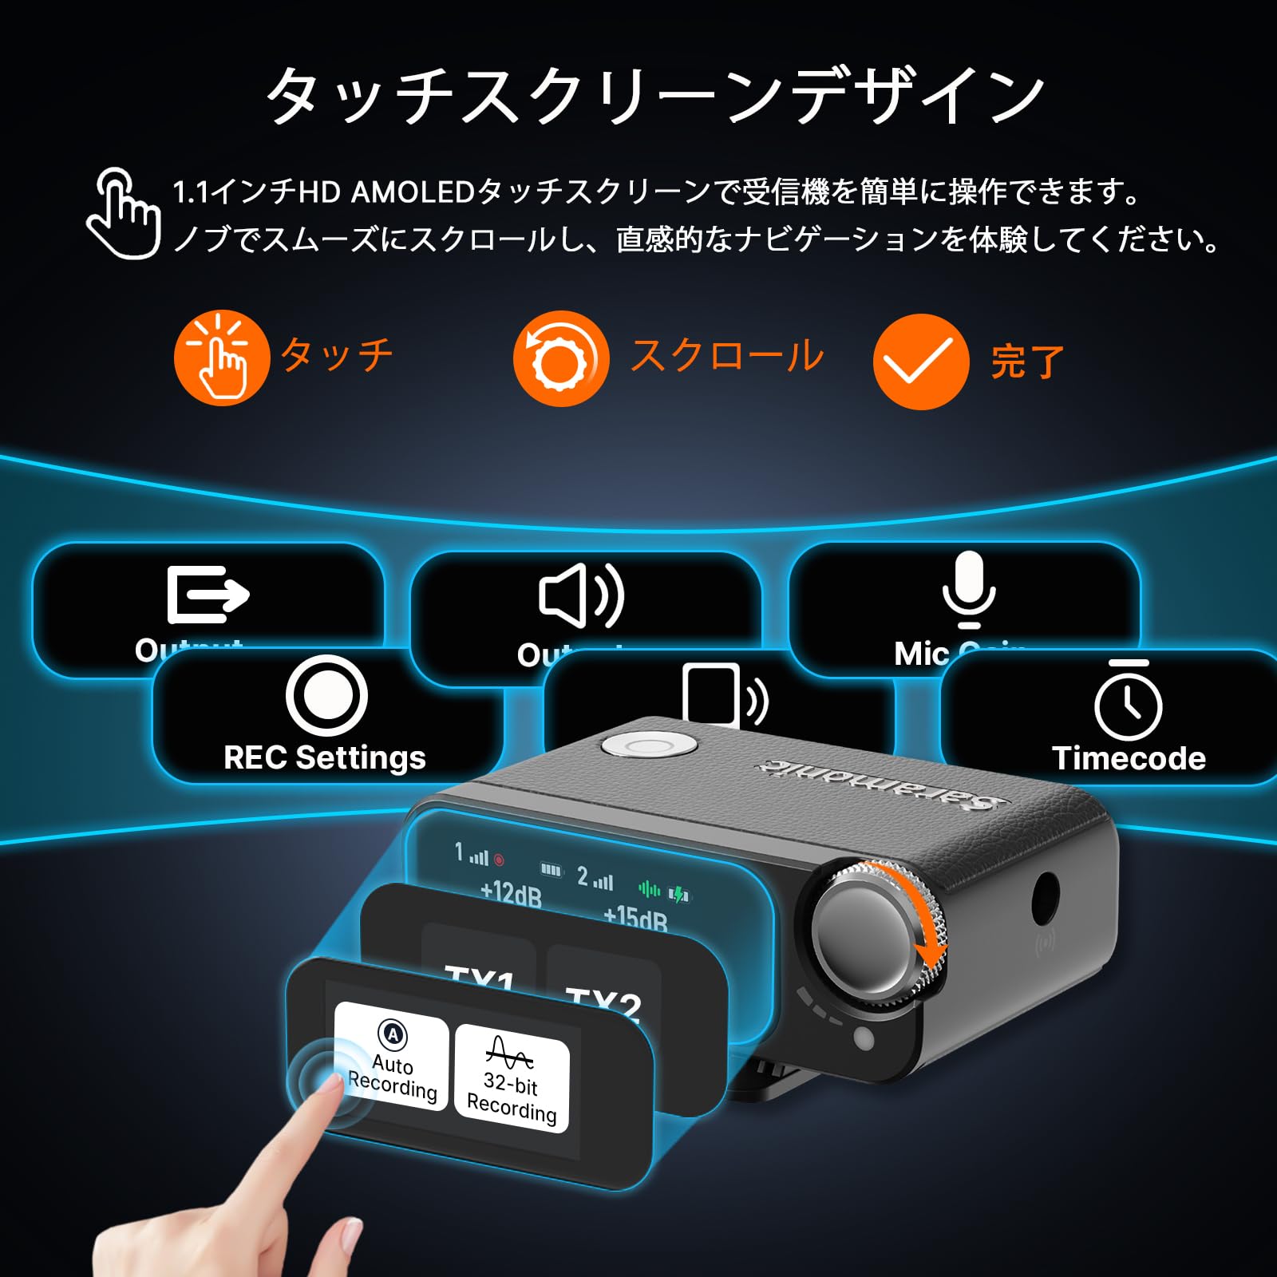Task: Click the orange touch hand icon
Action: click(221, 358)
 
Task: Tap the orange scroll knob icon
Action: click(560, 358)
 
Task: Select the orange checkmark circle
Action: click(920, 362)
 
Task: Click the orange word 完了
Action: click(1027, 362)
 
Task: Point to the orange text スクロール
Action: click(726, 356)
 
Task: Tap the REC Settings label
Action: click(324, 757)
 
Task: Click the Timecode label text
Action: click(1129, 758)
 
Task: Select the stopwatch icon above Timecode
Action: click(1128, 701)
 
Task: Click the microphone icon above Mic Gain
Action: click(968, 589)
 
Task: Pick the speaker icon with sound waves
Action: click(581, 595)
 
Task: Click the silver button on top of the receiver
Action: click(647, 746)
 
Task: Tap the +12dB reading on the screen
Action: click(511, 893)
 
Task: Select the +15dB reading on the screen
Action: click(635, 918)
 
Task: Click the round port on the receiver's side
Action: click(1045, 898)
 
